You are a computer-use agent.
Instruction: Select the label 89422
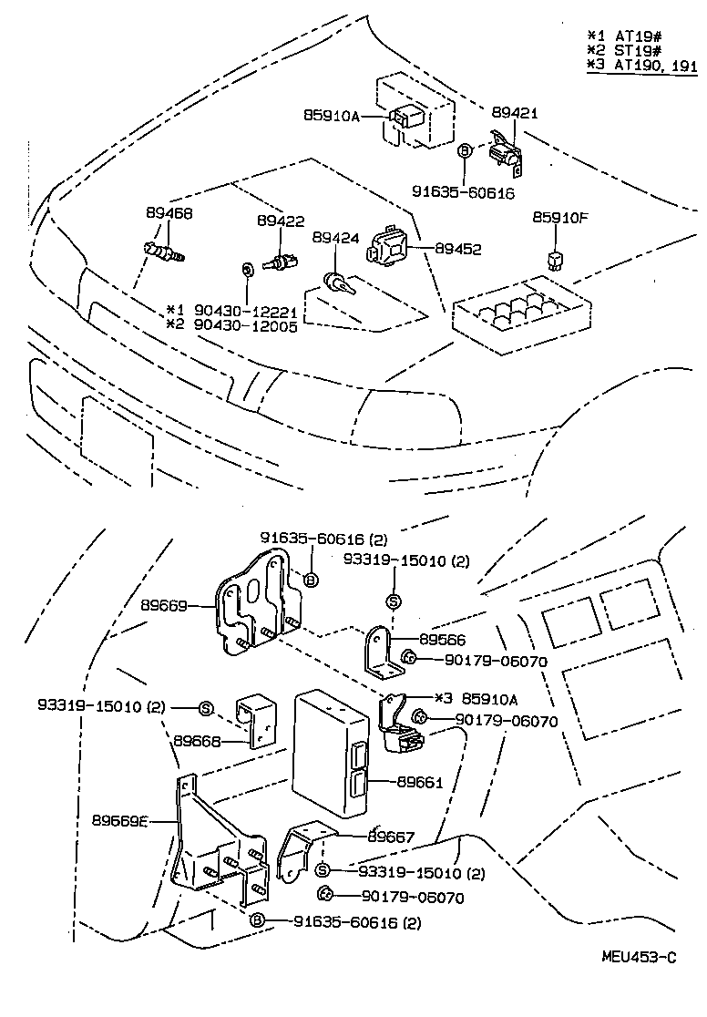pyautogui.click(x=280, y=221)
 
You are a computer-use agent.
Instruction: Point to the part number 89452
pyautogui.click(x=457, y=249)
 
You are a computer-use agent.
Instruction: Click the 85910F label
pyautogui.click(x=560, y=218)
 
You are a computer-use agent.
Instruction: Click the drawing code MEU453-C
pyautogui.click(x=639, y=957)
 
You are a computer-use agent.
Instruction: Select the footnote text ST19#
pyautogui.click(x=631, y=50)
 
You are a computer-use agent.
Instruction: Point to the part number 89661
pyautogui.click(x=419, y=781)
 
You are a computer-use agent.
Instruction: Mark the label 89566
pyautogui.click(x=442, y=641)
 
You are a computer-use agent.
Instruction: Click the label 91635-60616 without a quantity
pyautogui.click(x=463, y=193)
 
